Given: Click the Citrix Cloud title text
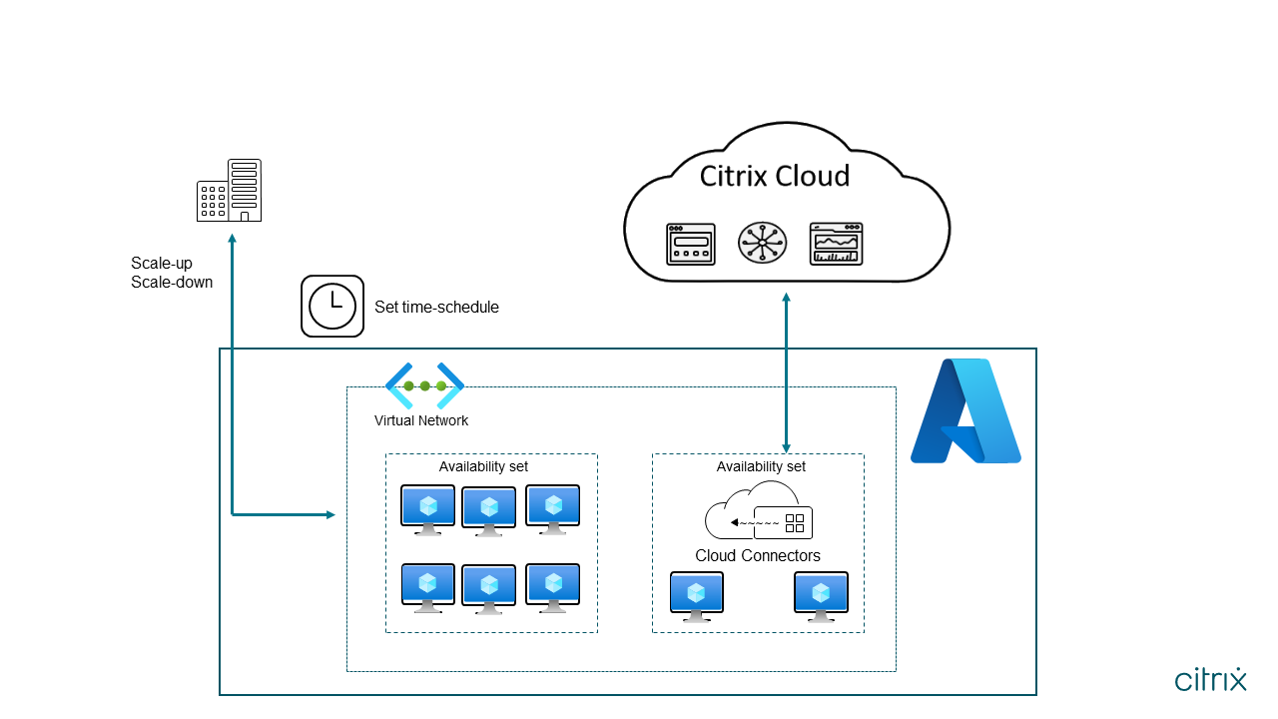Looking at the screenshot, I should pyautogui.click(x=774, y=177).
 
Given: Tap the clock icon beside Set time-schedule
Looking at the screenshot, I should pyautogui.click(x=332, y=306).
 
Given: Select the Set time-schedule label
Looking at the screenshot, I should pyautogui.click(x=436, y=308).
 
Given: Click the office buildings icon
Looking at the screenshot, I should pyautogui.click(x=230, y=190).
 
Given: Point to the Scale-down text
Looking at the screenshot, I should pyautogui.click(x=172, y=282).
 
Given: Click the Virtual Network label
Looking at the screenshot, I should pyautogui.click(x=421, y=420).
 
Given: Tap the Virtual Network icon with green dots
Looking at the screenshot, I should pyautogui.click(x=424, y=384).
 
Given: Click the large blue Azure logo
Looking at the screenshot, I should pyautogui.click(x=964, y=410).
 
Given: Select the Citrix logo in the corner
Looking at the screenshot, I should pyautogui.click(x=1210, y=680).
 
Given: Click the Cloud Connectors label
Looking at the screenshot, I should pyautogui.click(x=758, y=556).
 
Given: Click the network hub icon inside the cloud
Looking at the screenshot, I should pyautogui.click(x=762, y=243).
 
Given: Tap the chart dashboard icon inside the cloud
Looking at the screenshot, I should pyautogui.click(x=836, y=243).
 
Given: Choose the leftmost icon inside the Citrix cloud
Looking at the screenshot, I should pyautogui.click(x=691, y=244).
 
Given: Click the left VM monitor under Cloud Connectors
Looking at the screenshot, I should pyautogui.click(x=697, y=596).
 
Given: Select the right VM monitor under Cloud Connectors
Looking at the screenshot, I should pyautogui.click(x=821, y=596).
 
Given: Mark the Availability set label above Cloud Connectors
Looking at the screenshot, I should pyautogui.click(x=761, y=466).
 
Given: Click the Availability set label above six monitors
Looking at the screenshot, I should pyautogui.click(x=483, y=466).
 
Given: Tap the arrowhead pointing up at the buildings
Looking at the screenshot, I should pyautogui.click(x=232, y=238).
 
